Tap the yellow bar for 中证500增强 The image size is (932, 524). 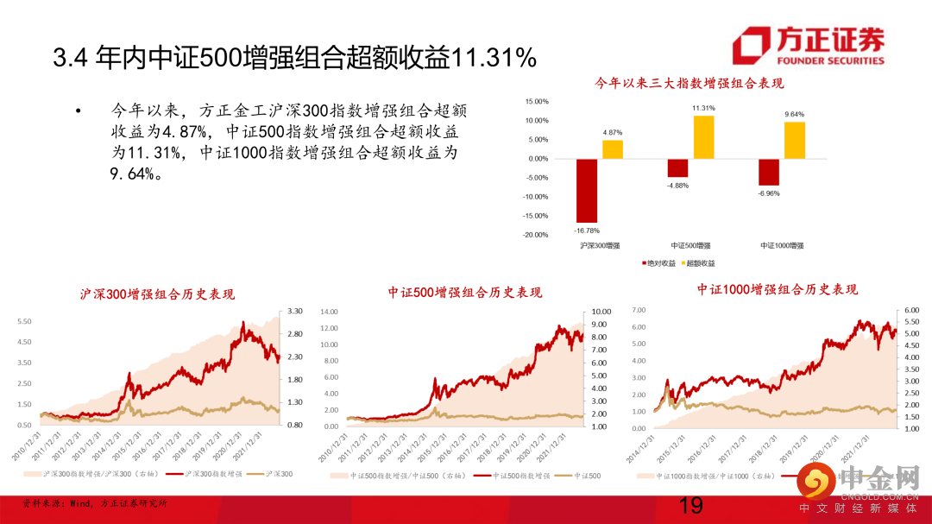pos(703,136)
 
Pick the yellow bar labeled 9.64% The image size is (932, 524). pos(794,140)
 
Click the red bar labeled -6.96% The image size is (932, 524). pos(769,172)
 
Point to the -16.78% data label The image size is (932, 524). pos(587,230)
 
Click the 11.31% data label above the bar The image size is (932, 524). pos(703,108)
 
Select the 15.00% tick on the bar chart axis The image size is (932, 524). pos(536,101)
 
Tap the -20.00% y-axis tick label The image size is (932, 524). pos(535,235)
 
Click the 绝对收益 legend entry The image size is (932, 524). pos(658,262)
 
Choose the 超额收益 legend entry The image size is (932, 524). pos(699,262)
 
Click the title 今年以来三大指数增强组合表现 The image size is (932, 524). pos(689,83)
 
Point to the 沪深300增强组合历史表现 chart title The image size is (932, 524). pos(156,294)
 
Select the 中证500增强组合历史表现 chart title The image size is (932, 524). pos(465,293)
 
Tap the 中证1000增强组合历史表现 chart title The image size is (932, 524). pos(778,289)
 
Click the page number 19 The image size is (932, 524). pos(691,506)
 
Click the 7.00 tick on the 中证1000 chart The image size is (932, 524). pos(639,309)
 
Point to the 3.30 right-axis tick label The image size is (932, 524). pos(295,311)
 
